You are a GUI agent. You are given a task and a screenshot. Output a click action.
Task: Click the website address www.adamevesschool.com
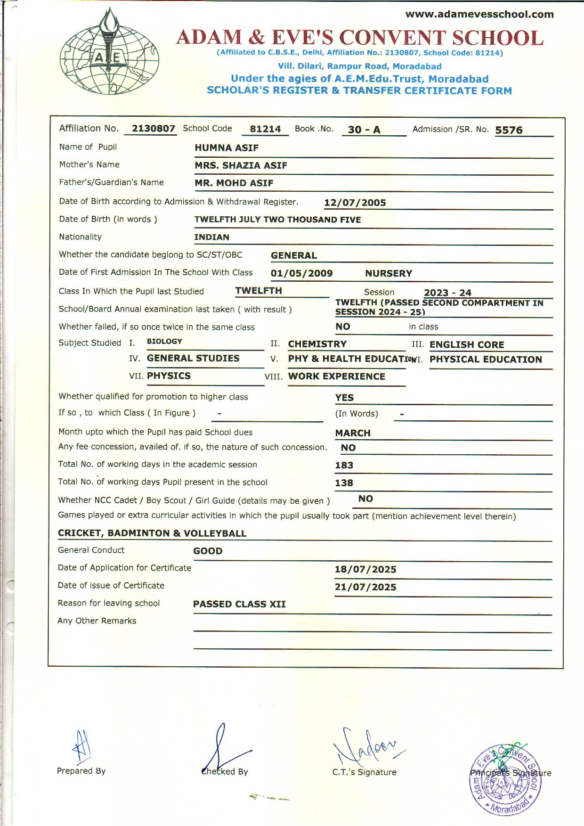point(479,14)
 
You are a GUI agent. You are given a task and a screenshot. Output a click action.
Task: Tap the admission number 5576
point(509,130)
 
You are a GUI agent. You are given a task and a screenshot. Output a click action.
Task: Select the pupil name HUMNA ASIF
point(227,148)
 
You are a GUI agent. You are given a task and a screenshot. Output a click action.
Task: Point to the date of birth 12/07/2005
point(355,203)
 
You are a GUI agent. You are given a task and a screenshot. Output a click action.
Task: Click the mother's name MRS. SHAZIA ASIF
point(241,165)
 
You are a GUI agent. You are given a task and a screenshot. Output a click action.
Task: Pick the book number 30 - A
point(364,130)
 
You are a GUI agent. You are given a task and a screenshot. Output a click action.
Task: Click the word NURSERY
point(389,273)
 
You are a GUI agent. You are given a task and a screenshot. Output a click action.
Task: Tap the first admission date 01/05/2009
point(301,273)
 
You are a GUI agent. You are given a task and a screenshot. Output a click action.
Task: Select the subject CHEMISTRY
point(317,344)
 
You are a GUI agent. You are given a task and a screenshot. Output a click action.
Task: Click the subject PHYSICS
point(169,376)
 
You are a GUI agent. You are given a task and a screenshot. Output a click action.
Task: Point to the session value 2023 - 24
point(447,293)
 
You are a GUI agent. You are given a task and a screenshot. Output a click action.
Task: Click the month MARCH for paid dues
point(353,433)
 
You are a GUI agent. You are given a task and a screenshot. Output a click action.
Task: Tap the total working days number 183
point(344,465)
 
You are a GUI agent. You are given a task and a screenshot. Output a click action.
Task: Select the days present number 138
point(344,483)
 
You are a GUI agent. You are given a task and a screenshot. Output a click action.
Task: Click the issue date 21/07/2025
point(365,587)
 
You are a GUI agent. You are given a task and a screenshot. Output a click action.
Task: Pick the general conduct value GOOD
point(208,551)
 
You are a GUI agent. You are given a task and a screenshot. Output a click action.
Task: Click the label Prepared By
point(81,771)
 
